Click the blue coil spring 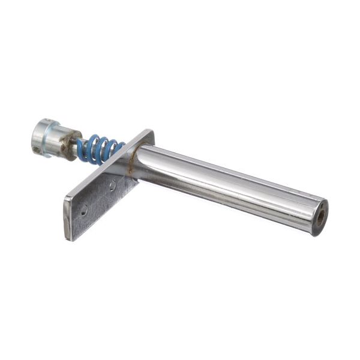(x=100, y=149)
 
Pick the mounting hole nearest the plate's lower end (x=84, y=210)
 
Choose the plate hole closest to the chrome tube (x=112, y=186)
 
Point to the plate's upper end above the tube (x=146, y=136)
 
